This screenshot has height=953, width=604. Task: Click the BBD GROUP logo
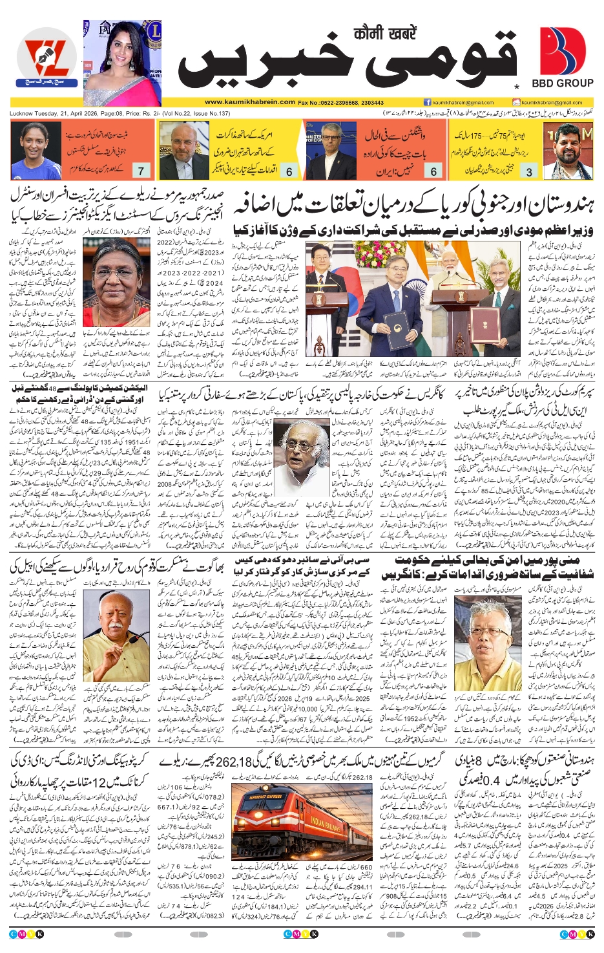point(562,58)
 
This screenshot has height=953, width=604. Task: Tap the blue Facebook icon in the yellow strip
point(427,102)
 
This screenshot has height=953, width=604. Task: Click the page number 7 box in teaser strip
point(141,171)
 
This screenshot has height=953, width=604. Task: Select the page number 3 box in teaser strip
point(530,171)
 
